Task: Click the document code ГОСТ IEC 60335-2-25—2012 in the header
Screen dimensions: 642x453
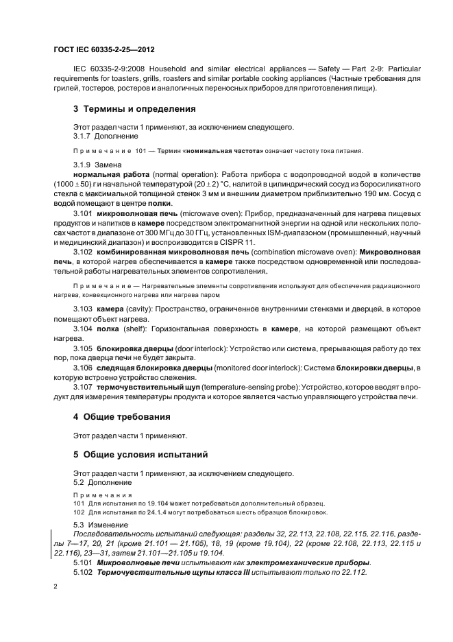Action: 104,50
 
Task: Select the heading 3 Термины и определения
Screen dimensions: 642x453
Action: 134,108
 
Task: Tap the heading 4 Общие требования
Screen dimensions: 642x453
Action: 121,416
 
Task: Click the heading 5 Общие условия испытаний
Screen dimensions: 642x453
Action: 141,454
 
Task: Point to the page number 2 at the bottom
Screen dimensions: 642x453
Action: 55,587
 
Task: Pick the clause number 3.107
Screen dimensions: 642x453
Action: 83,388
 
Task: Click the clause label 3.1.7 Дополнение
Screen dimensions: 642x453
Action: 101,136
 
